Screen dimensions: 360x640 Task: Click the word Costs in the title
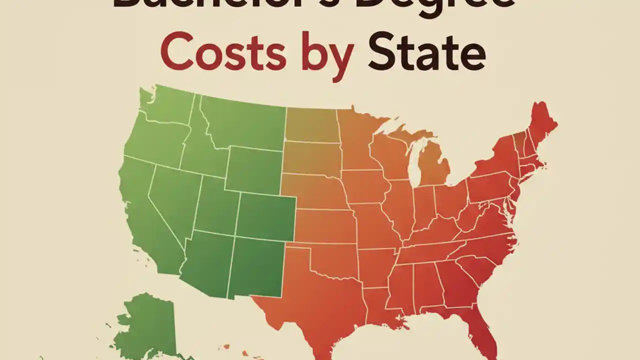[223, 52]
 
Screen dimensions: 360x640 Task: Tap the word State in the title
[426, 52]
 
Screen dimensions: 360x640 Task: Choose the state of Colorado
[265, 215]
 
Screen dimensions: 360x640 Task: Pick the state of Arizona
[207, 262]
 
